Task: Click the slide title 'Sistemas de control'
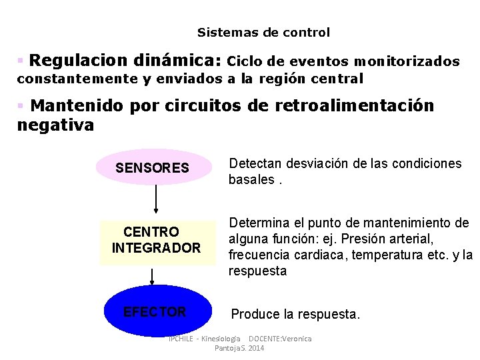pyautogui.click(x=263, y=32)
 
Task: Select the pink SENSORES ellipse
pyautogui.click(x=153, y=167)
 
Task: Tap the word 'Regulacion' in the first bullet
pyautogui.click(x=79, y=61)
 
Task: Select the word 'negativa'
pyautogui.click(x=55, y=125)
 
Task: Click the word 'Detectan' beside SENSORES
pyautogui.click(x=256, y=164)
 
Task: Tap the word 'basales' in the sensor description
pyautogui.click(x=251, y=179)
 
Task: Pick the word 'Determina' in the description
pyautogui.click(x=260, y=223)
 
